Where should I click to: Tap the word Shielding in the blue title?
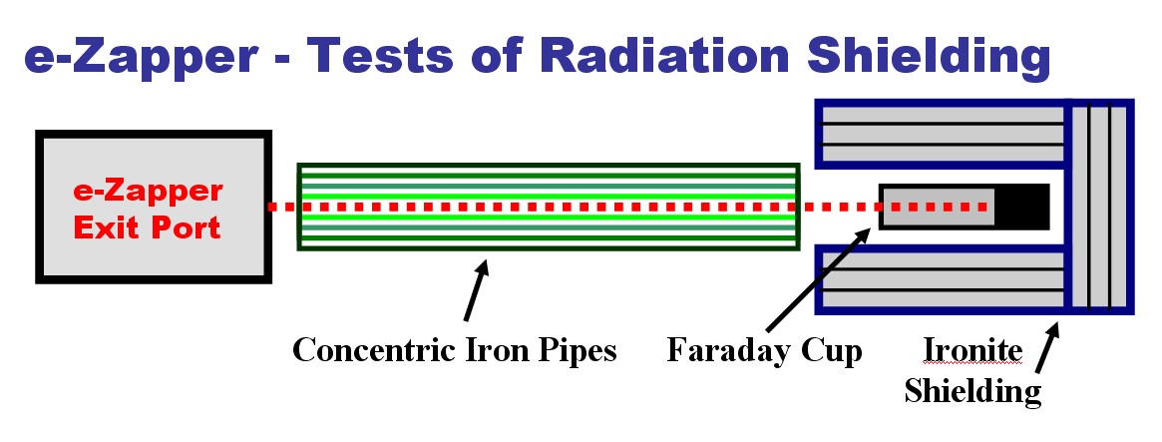[x=930, y=58]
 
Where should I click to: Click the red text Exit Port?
[x=148, y=227]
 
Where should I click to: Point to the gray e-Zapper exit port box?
[x=154, y=207]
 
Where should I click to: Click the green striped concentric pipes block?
[x=550, y=207]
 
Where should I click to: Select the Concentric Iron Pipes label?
[x=454, y=349]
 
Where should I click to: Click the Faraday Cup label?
[x=764, y=349]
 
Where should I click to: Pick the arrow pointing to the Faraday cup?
[x=818, y=279]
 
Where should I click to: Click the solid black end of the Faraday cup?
[x=1021, y=207]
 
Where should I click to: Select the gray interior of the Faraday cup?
[x=937, y=207]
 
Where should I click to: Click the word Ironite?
[x=973, y=349]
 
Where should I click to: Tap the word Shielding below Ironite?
[x=972, y=390]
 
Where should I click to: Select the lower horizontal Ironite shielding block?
[x=942, y=279]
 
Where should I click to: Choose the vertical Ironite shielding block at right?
[x=1100, y=207]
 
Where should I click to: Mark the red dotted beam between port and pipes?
[x=284, y=207]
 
